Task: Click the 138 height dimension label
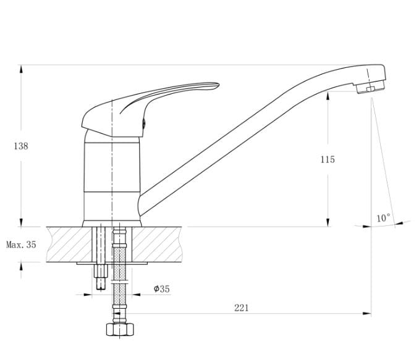21,146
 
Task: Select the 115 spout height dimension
328,159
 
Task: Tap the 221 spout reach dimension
241,308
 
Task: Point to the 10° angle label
383,218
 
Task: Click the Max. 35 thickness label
21,245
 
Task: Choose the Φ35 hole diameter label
162,289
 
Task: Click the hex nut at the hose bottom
120,330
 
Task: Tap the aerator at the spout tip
371,87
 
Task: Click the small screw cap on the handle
144,123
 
